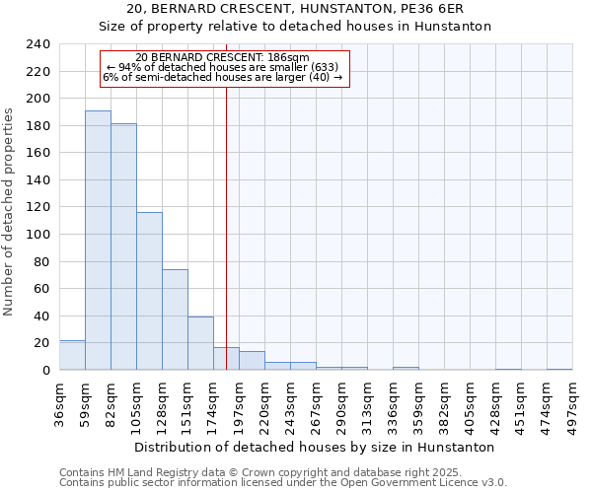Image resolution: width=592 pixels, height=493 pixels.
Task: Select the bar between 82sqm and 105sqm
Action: click(123, 246)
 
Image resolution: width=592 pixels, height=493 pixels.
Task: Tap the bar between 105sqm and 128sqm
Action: click(149, 291)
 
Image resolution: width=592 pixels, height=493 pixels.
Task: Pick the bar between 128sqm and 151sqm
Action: click(175, 319)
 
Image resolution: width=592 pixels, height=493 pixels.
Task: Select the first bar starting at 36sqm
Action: click(72, 355)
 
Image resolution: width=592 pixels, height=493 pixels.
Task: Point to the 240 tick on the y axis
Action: click(37, 44)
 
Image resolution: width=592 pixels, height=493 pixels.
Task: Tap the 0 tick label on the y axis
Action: click(45, 370)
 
